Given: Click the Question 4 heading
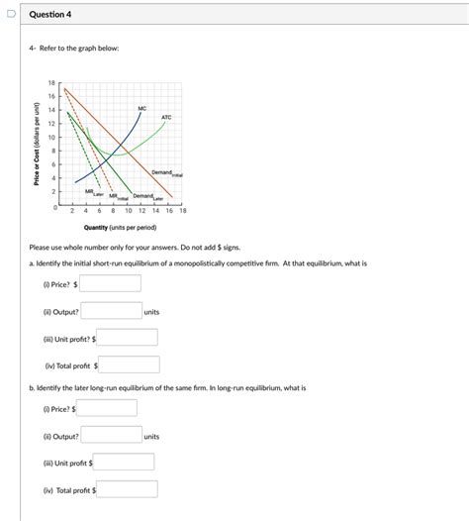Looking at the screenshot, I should pos(50,15).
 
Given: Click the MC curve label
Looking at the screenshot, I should pos(142,106).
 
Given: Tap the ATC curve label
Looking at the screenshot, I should pos(166,117).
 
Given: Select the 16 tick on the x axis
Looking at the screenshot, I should pos(168,211).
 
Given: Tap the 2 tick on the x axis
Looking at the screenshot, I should pos(73,211).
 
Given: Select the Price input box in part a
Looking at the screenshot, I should pos(111,283).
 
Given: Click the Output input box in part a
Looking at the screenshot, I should pos(111,312).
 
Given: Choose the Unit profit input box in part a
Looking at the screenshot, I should pos(127,338).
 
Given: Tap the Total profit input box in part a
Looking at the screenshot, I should pos(129,365).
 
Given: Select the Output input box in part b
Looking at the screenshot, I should pos(111,435).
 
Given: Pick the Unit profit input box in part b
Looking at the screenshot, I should pos(124,463).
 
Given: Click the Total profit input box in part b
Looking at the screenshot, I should pos(126,489).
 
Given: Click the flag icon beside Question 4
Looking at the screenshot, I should pos(9,15).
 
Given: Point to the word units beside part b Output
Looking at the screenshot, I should pos(151,436).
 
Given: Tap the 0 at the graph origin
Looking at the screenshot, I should pos(55,206).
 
